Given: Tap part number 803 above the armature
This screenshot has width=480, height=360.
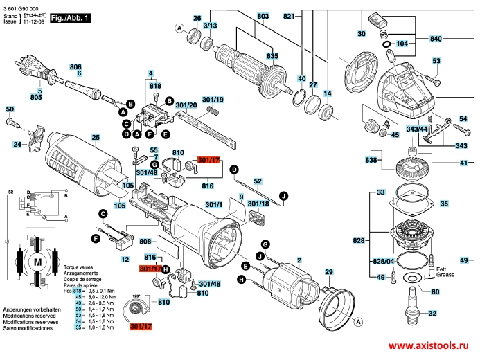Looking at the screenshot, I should [243, 17].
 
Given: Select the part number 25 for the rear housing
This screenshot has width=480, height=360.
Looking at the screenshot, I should [96, 139].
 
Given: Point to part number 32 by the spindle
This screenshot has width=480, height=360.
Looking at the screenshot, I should [433, 314].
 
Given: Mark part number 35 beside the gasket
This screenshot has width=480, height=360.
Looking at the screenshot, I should [444, 204].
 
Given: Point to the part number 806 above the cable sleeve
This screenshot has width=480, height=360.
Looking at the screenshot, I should [75, 66].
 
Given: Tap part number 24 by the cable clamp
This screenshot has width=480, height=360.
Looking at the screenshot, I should [16, 145].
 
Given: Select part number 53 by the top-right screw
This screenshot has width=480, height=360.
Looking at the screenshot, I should [436, 62].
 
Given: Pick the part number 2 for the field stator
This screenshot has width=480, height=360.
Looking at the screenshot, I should [299, 260].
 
